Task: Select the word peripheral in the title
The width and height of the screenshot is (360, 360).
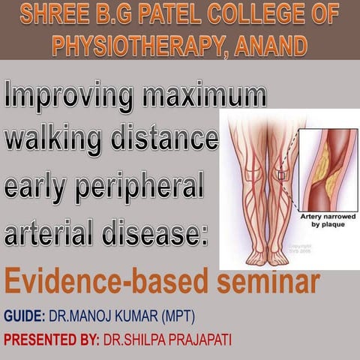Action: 141,187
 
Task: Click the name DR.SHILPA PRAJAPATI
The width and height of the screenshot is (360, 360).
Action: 169,338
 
